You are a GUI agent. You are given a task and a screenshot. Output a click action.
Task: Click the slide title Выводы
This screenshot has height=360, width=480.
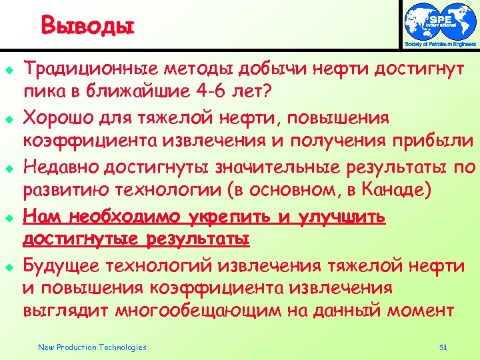tap(87, 26)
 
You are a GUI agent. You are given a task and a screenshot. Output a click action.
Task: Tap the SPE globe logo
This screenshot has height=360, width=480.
tap(440, 22)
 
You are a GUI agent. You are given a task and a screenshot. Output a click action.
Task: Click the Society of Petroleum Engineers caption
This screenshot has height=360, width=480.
tap(441, 45)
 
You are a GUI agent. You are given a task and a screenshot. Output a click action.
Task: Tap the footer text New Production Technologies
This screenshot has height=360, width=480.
tap(92, 347)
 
